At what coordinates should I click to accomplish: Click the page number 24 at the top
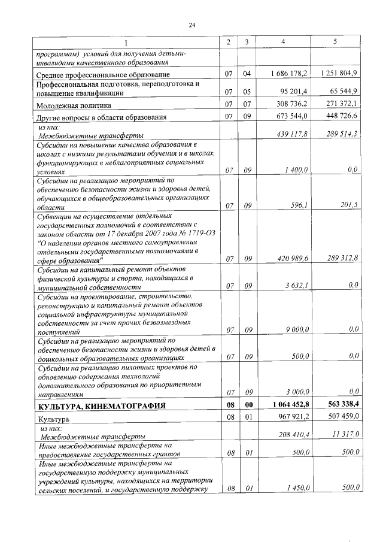click(x=192, y=25)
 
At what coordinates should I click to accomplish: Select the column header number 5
click(x=335, y=42)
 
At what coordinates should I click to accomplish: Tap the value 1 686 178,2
click(x=289, y=74)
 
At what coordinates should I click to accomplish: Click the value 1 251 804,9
click(x=339, y=74)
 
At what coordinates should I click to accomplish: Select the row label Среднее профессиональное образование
click(x=104, y=74)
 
